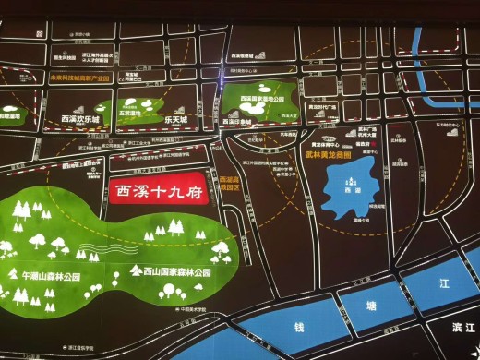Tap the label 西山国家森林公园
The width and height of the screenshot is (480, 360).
(x=176, y=273)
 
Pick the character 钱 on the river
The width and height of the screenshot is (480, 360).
(x=300, y=328)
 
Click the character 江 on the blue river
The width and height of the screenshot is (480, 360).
(x=442, y=283)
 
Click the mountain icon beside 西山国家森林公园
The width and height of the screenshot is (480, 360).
(x=136, y=271)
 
